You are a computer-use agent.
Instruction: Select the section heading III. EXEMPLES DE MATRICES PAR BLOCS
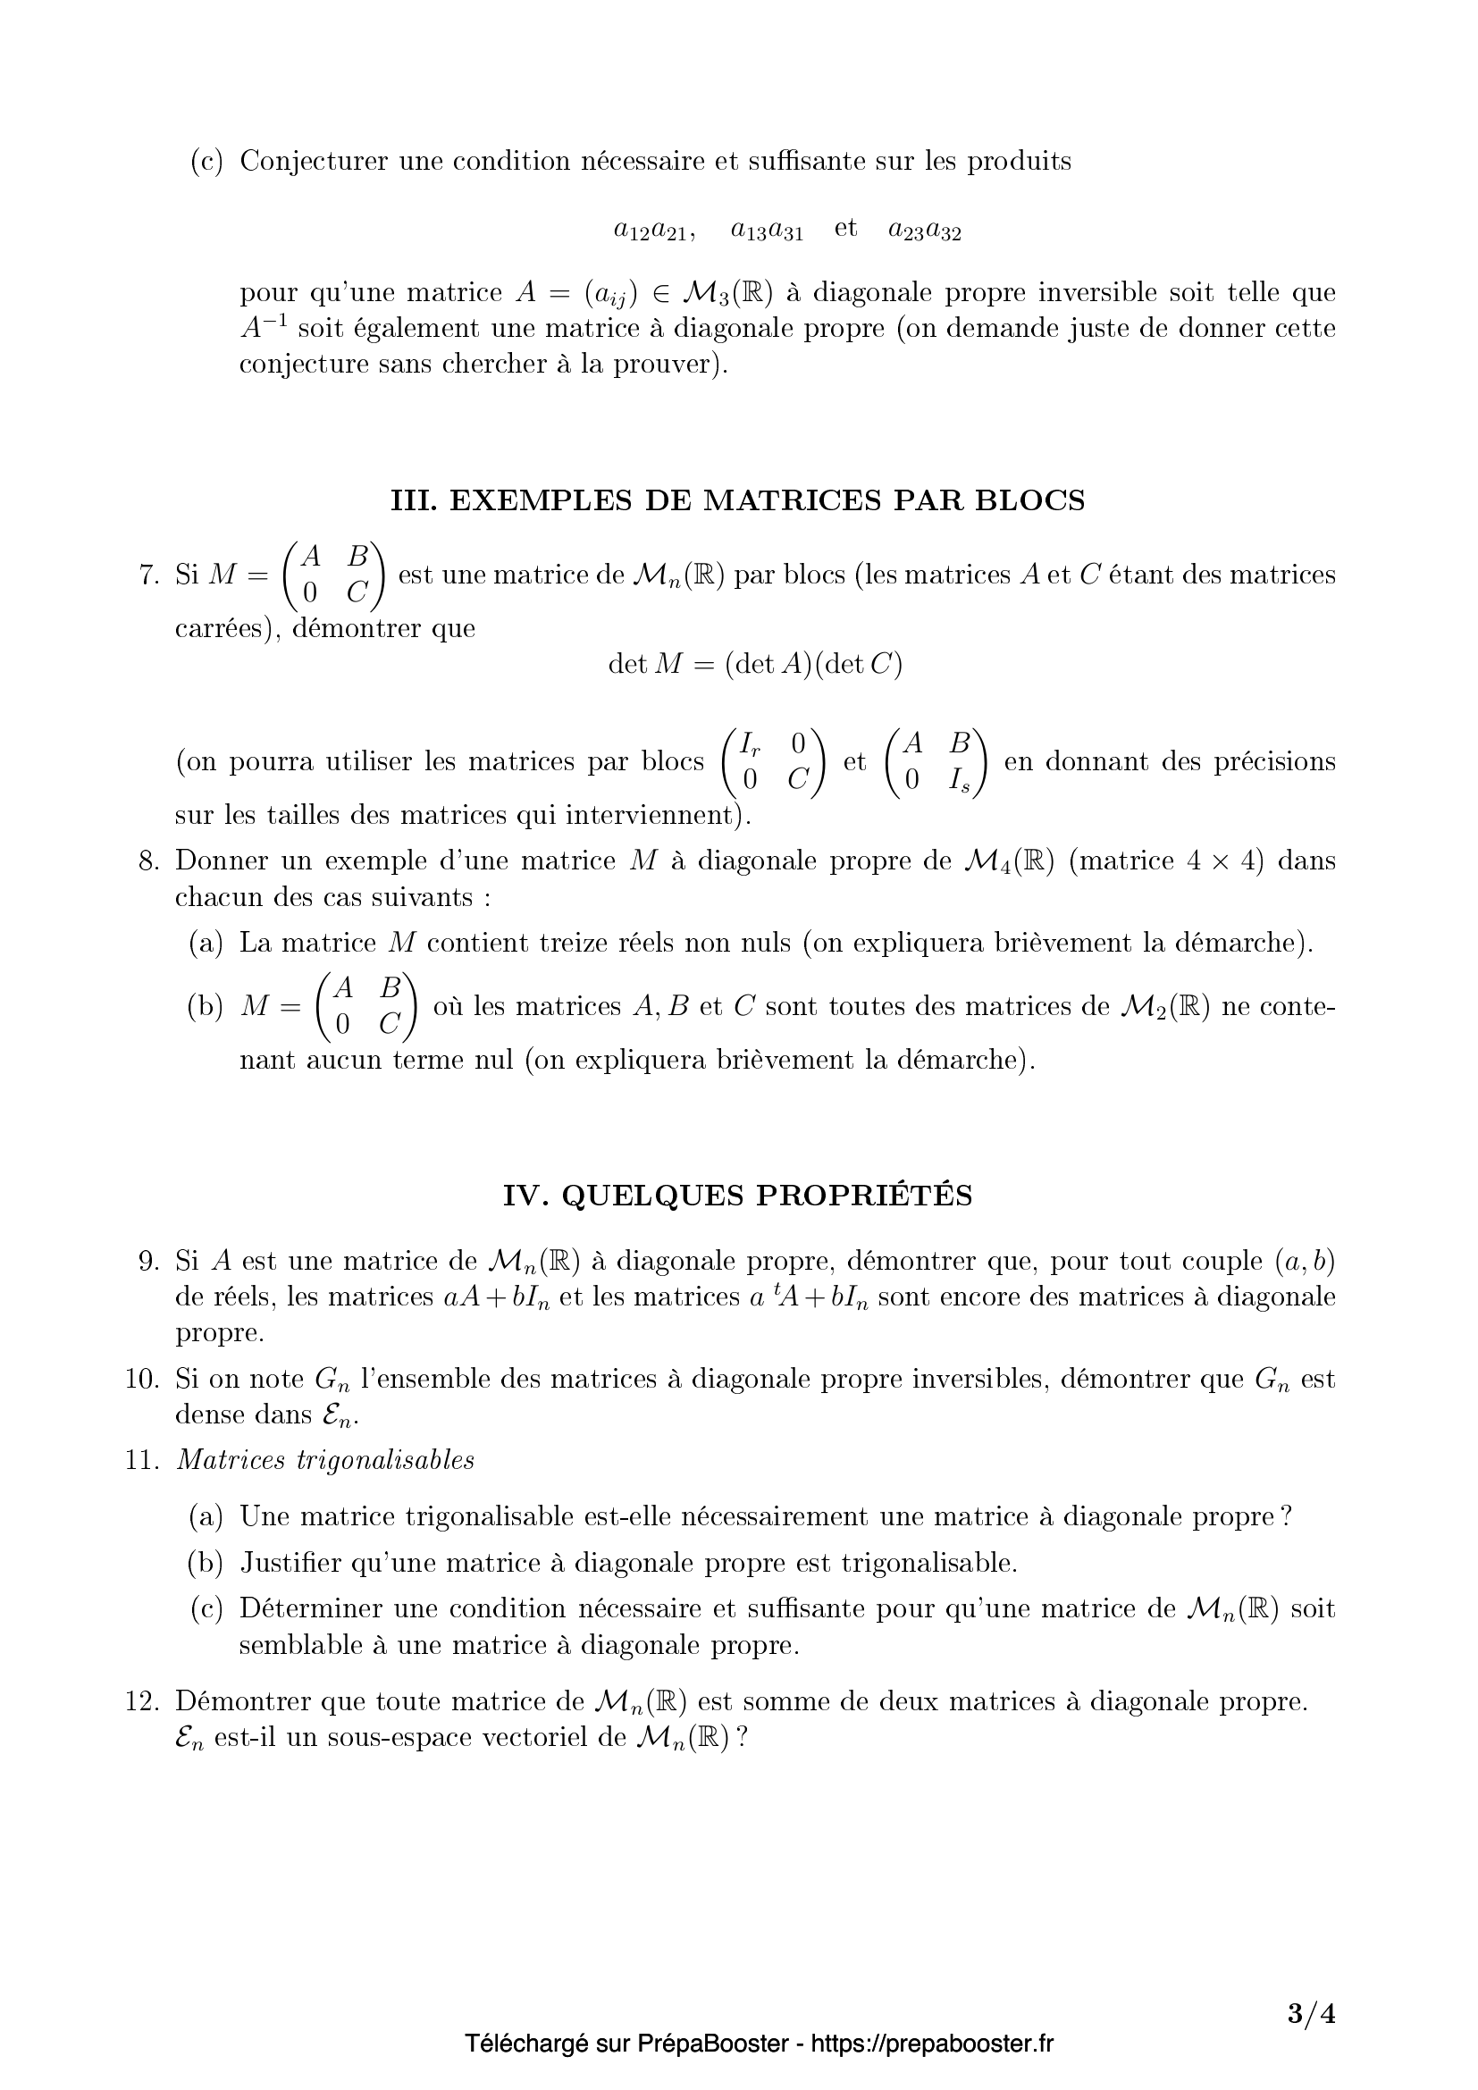[x=738, y=500]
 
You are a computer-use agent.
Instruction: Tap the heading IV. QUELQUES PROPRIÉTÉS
[x=738, y=1196]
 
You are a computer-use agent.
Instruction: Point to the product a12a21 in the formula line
[x=653, y=231]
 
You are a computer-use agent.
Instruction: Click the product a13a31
[x=767, y=231]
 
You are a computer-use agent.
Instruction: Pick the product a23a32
[x=925, y=231]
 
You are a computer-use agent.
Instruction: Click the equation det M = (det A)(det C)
[x=754, y=665]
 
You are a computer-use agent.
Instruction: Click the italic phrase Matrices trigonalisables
[x=325, y=1460]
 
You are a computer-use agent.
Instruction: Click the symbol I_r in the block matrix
[x=750, y=744]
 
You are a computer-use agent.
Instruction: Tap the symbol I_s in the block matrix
[x=958, y=779]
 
